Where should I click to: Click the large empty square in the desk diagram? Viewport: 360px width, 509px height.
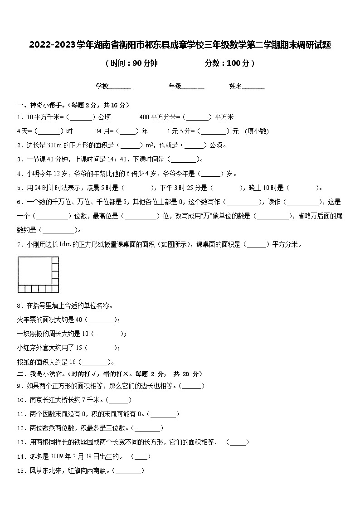coord(34,271)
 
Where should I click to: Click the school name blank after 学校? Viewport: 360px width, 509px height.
coord(120,86)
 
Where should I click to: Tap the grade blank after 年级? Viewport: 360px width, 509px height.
coord(193,86)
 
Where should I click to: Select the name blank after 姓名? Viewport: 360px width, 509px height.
coord(254,86)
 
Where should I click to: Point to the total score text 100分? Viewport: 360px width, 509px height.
coord(238,63)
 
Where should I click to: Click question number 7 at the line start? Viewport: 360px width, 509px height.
coord(19,245)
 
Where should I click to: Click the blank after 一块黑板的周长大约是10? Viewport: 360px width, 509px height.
coord(108,334)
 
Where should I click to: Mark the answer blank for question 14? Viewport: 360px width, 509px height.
coord(141,456)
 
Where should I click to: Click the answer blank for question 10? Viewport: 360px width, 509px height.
coord(120,400)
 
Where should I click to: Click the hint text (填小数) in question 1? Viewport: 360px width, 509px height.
coord(257,131)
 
